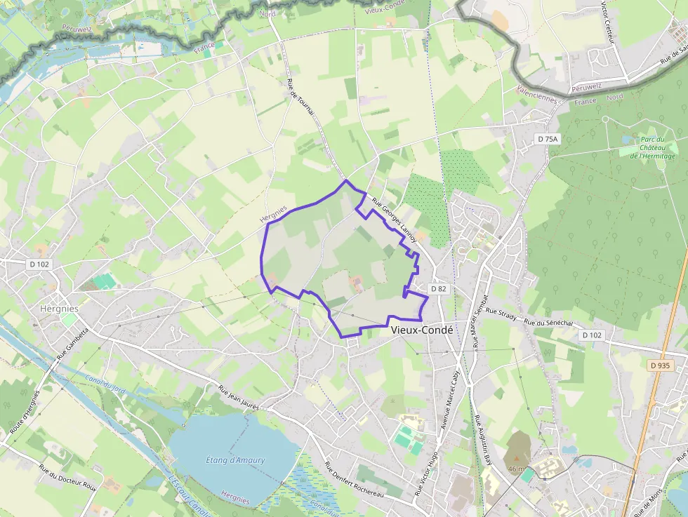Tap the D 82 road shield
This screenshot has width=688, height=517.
pos(438,288)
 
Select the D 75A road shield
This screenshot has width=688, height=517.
pos(548,139)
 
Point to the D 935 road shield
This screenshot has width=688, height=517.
pos(660,365)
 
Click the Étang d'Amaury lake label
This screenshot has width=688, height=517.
pos(236,460)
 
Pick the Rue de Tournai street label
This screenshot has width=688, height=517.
pos(300,99)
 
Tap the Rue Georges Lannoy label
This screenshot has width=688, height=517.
pos(395,220)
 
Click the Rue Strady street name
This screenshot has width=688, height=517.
pos(501,314)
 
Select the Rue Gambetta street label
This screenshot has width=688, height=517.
pos(73,344)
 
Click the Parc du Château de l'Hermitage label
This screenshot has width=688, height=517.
pos(652,147)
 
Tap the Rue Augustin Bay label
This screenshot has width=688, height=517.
pos(482,442)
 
